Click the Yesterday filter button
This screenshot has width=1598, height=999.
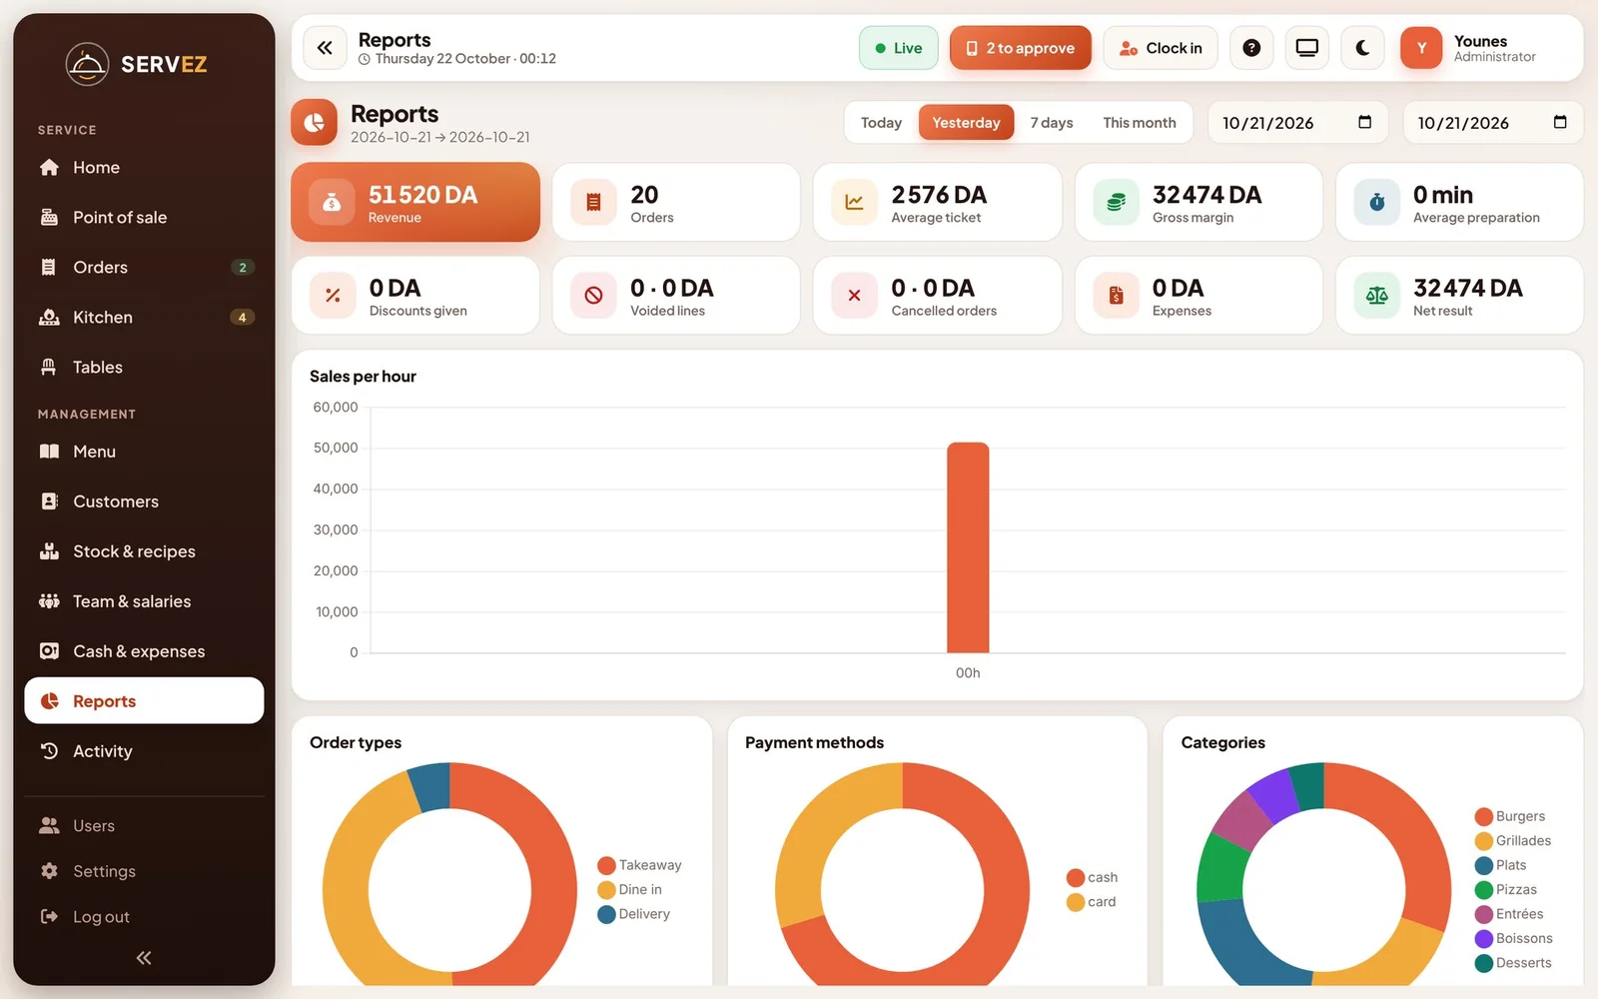(966, 122)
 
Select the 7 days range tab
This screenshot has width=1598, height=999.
(1051, 122)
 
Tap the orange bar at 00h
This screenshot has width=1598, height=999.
(968, 547)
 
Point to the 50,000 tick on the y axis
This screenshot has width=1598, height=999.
(336, 448)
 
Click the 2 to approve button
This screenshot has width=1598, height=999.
(1020, 48)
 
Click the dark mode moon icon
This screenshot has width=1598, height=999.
(1362, 48)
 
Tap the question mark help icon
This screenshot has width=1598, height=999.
(1251, 48)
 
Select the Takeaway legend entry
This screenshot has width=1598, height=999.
(639, 865)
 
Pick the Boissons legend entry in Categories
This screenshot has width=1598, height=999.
(1513, 938)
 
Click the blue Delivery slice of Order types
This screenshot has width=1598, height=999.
(430, 786)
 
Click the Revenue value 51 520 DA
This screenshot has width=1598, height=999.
(422, 194)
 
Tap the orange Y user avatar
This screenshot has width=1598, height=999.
(1420, 48)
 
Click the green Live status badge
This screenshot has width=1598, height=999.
(898, 48)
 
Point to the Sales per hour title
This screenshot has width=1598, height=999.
(363, 376)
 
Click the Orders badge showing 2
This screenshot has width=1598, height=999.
(243, 267)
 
